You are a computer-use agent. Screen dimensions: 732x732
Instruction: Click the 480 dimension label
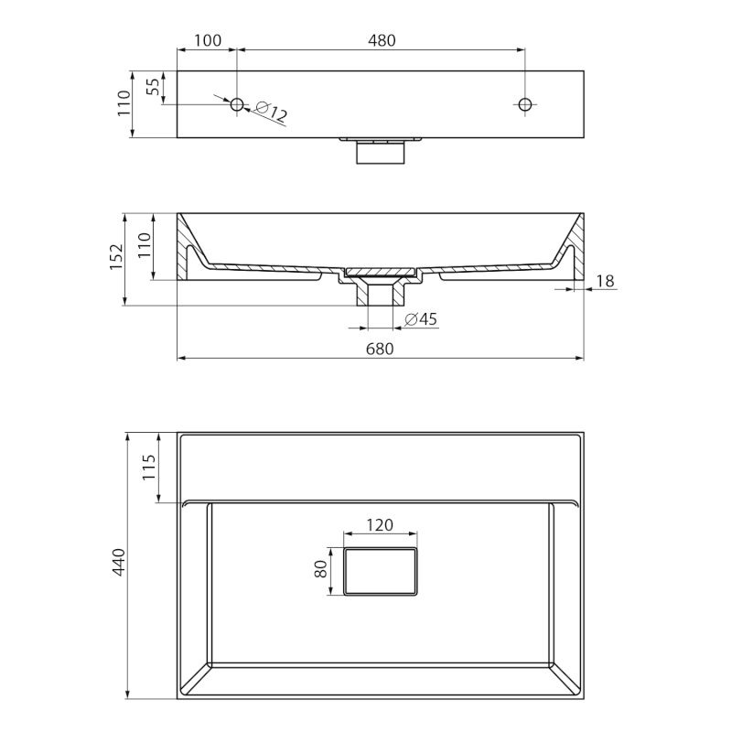pyautogui.click(x=382, y=40)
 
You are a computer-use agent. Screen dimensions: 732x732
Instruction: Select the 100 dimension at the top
pyautogui.click(x=208, y=40)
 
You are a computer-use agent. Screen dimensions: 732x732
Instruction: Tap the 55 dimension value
pyautogui.click(x=153, y=87)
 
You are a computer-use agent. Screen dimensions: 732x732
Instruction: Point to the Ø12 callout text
pyautogui.click(x=271, y=112)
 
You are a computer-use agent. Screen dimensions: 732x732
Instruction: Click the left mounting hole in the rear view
pyautogui.click(x=237, y=104)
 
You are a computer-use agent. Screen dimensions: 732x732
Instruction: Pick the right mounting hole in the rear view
pyautogui.click(x=525, y=104)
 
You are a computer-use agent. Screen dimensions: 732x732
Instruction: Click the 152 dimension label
pyautogui.click(x=116, y=256)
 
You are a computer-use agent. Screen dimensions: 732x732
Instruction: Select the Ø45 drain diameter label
pyautogui.click(x=421, y=319)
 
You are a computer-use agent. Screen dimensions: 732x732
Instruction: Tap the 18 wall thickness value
pyautogui.click(x=605, y=281)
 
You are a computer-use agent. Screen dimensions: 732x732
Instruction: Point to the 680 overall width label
pyautogui.click(x=380, y=349)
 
